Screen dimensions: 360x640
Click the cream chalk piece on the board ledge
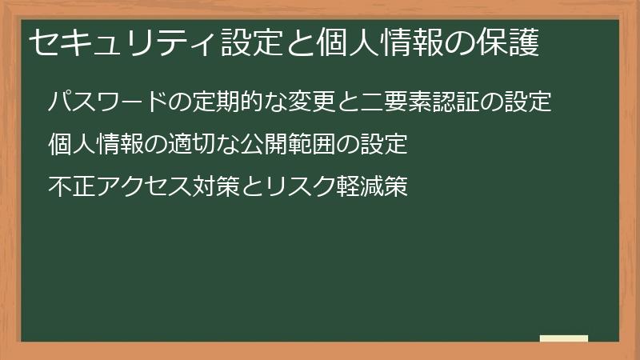pos(564,338)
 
